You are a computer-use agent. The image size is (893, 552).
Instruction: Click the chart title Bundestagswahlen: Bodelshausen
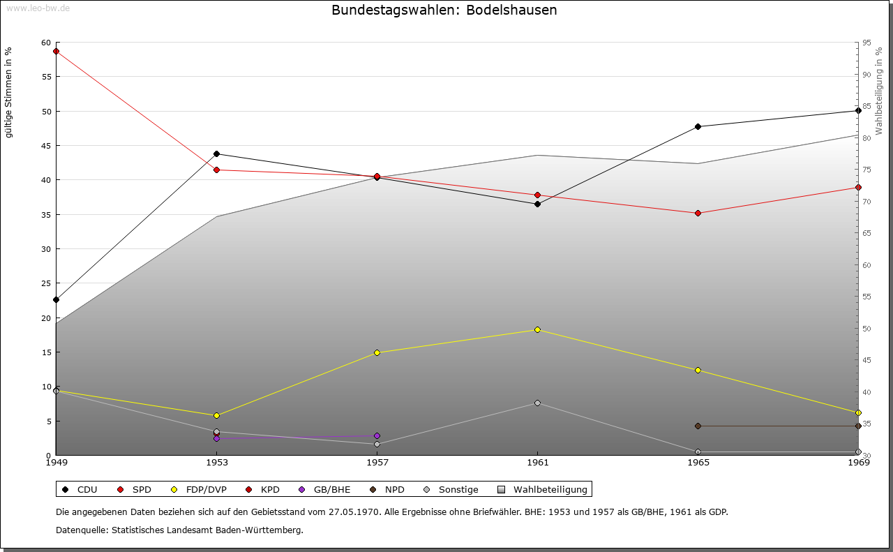coord(444,10)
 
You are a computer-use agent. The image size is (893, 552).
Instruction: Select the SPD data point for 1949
coord(57,52)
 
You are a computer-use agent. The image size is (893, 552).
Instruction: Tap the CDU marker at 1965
coord(698,127)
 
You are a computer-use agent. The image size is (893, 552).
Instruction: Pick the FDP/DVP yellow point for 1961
coord(537,330)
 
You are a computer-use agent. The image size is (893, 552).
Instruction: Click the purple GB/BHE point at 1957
coord(377,436)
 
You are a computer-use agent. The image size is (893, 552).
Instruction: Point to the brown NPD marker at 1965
coord(698,426)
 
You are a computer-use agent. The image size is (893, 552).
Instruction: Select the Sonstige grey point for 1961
coord(537,403)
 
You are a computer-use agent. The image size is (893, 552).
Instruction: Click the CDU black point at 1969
coord(858,111)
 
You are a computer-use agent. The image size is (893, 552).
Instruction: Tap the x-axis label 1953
coord(217,463)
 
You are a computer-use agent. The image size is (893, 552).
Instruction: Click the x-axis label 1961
coord(538,463)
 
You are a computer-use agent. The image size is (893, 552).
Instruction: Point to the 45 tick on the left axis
coord(46,146)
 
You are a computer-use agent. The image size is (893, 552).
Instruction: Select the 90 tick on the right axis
coord(866,75)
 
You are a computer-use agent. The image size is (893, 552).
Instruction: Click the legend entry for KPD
coord(263,489)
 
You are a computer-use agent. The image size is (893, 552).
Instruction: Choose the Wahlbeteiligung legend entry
coord(543,489)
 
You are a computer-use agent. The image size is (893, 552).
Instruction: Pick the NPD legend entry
coord(387,489)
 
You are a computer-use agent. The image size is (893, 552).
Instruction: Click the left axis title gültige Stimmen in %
coord(8,93)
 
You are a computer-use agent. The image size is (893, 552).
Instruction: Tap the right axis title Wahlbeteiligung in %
coord(879,91)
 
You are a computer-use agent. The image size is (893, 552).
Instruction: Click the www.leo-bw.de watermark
coord(38,8)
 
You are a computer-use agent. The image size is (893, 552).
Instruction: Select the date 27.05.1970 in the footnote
coord(354,512)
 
